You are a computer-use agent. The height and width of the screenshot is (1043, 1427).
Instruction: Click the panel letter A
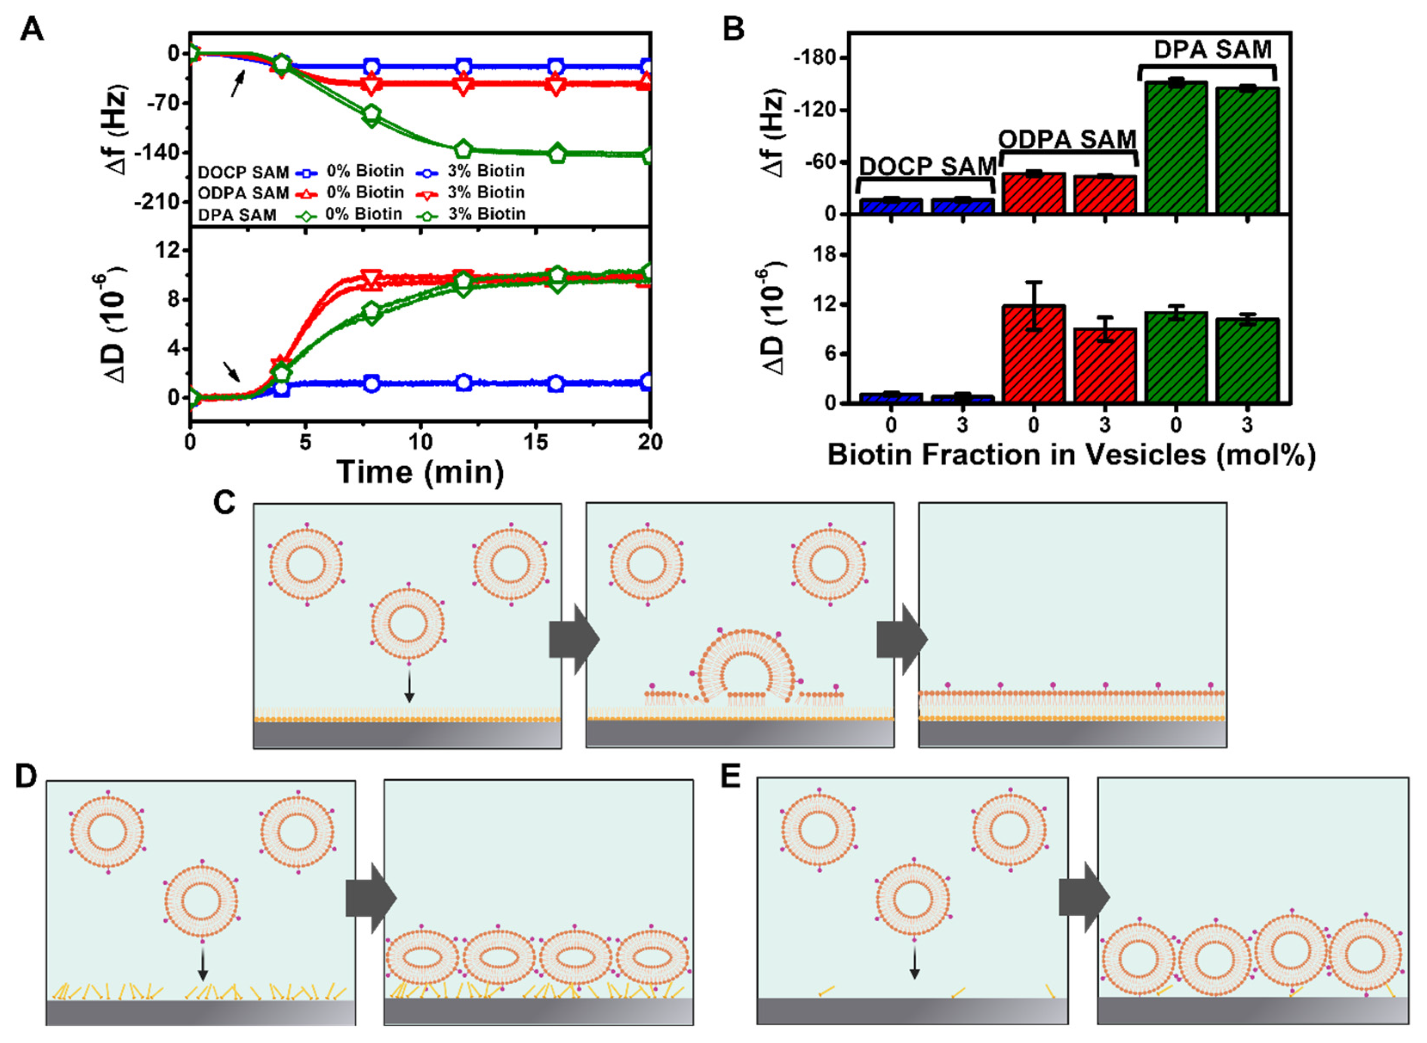coord(31,30)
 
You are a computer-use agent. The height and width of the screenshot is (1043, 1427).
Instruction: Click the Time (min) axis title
coord(420,472)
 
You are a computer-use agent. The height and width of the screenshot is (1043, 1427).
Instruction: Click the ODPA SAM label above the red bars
coord(1067,139)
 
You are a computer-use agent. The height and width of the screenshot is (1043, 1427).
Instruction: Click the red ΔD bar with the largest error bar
coord(1033,354)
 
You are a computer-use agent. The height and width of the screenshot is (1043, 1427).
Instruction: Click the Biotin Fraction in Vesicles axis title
coord(1071,455)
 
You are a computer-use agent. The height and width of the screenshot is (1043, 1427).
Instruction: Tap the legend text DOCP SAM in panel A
coord(243,172)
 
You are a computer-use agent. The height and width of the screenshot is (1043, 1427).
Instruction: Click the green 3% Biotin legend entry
coord(472,215)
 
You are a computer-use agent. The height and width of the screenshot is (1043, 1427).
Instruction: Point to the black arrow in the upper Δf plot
coord(237,83)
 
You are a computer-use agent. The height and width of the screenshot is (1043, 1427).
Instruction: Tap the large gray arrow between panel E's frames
coord(1083,898)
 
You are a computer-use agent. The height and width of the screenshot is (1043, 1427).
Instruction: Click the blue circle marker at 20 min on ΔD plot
coord(647,382)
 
